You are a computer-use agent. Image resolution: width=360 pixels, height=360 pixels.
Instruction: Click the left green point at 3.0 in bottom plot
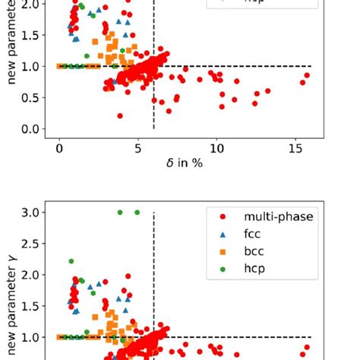click(x=120, y=212)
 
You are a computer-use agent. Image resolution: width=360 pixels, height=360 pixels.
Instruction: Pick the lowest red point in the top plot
click(x=120, y=115)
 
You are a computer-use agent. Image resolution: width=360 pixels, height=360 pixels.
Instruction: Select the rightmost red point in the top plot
click(x=307, y=75)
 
